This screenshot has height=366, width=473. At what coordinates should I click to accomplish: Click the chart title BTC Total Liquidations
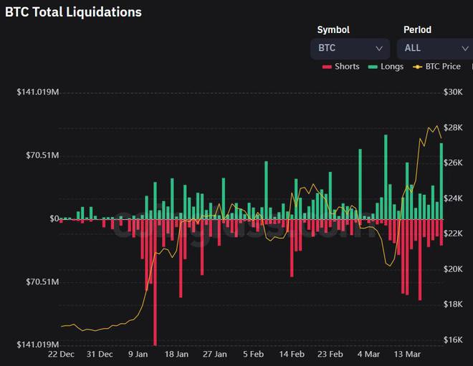click(73, 12)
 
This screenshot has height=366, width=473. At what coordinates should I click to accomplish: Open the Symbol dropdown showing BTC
click(350, 48)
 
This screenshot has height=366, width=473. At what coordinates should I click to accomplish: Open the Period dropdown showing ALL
click(432, 48)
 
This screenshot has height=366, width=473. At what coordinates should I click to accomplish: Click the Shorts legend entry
click(341, 67)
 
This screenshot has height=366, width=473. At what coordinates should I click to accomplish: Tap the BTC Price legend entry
click(436, 67)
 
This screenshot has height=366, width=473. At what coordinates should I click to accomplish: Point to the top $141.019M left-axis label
click(37, 92)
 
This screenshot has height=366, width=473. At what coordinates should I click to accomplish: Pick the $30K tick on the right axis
click(454, 92)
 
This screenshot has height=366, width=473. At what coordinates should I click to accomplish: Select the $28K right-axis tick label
click(454, 127)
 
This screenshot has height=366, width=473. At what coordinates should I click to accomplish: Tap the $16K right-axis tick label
click(454, 339)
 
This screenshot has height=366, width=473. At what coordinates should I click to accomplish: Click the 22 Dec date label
click(61, 354)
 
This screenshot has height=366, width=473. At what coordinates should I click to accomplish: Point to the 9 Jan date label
click(138, 354)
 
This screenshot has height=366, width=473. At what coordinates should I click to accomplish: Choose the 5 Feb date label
click(254, 354)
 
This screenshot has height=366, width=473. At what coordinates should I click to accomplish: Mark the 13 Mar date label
click(408, 354)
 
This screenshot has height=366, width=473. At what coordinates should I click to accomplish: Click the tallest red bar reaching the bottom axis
click(155, 286)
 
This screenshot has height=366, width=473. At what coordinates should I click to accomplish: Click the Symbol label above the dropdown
click(333, 30)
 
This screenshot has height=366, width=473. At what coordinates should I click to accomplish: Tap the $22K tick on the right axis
click(454, 233)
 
